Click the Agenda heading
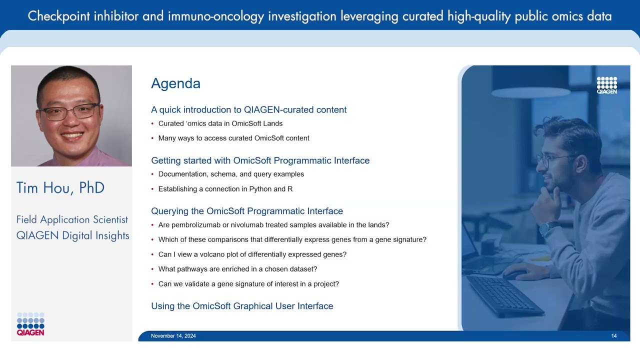(x=175, y=83)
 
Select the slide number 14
(x=614, y=336)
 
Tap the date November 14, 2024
(x=173, y=336)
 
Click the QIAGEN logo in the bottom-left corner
(x=30, y=324)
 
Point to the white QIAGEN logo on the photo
(x=606, y=85)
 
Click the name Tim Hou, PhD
(x=60, y=188)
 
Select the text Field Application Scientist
(x=72, y=219)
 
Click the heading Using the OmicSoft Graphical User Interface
(x=242, y=306)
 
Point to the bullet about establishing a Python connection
(x=225, y=189)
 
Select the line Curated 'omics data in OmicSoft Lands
(x=220, y=123)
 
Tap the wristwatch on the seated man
(x=546, y=228)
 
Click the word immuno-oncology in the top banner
(x=215, y=16)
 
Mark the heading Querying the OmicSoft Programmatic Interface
(x=247, y=211)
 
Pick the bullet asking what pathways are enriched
(x=237, y=269)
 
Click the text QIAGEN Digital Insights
(x=73, y=235)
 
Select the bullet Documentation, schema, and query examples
(x=231, y=174)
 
